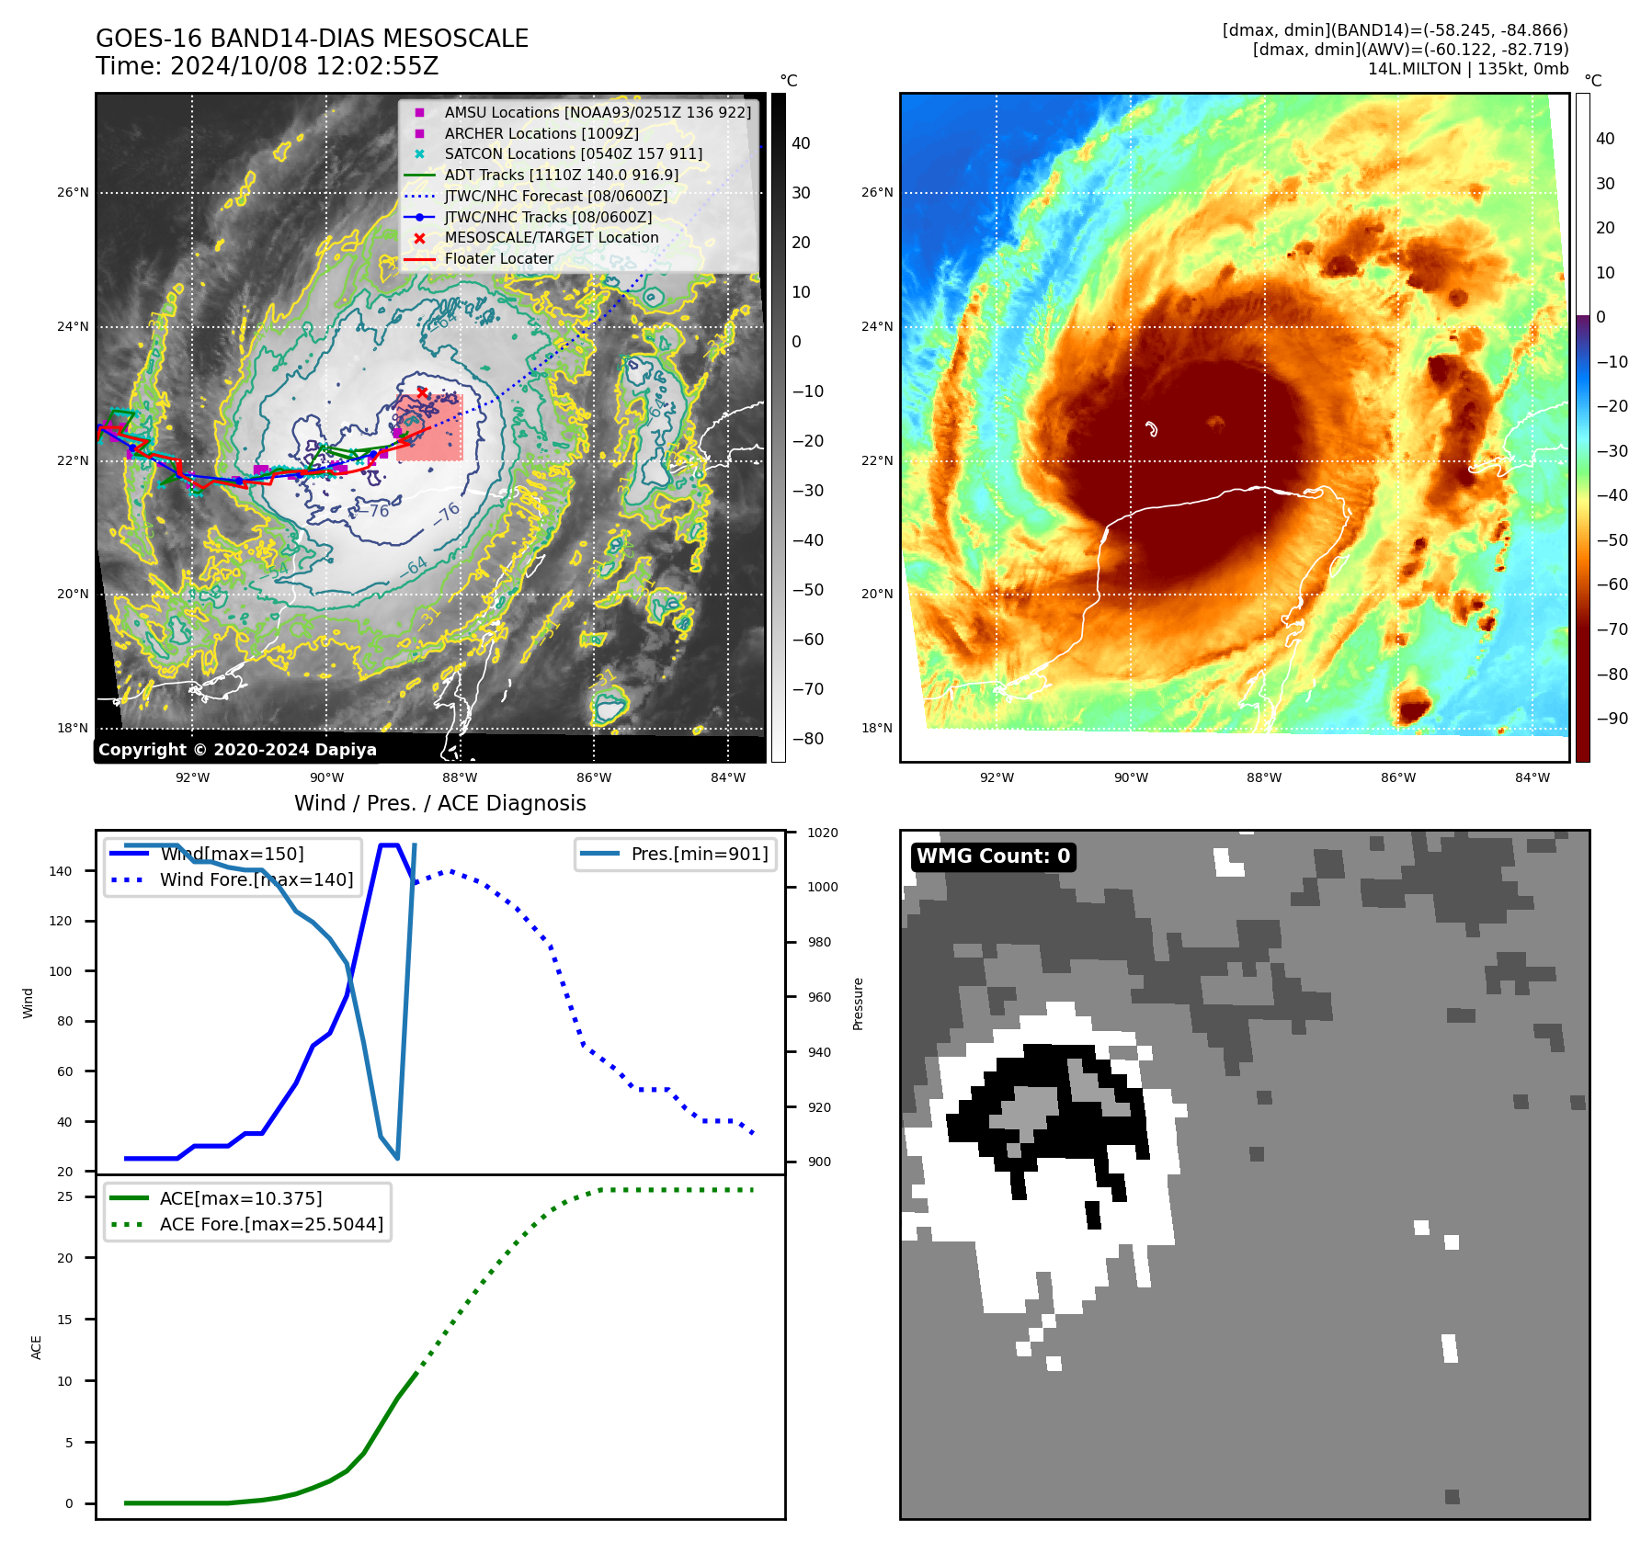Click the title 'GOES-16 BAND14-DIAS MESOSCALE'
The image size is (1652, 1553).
coord(312,39)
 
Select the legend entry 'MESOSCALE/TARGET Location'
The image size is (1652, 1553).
coord(551,238)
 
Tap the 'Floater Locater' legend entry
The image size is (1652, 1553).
coord(498,259)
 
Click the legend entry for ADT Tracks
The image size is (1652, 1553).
coord(561,175)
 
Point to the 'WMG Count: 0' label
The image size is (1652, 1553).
coord(993,856)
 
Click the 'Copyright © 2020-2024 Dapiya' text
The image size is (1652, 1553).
coord(237,750)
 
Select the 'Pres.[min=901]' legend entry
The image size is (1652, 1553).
coord(699,854)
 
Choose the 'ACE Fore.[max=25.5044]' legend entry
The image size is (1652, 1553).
coord(271,1224)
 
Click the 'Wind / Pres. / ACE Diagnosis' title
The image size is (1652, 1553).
coord(439,803)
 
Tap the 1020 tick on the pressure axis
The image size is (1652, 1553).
coord(823,833)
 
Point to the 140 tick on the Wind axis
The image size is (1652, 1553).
coord(61,871)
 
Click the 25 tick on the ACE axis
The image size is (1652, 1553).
coord(65,1196)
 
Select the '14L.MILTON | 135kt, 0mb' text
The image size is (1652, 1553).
coord(1467,69)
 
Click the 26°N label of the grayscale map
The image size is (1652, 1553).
coord(74,193)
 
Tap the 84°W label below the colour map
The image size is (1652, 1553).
coord(1532,777)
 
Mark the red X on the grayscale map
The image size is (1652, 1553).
coord(422,393)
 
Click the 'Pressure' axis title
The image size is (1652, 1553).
coord(858,1003)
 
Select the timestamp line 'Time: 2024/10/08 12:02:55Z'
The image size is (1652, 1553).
coord(267,66)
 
